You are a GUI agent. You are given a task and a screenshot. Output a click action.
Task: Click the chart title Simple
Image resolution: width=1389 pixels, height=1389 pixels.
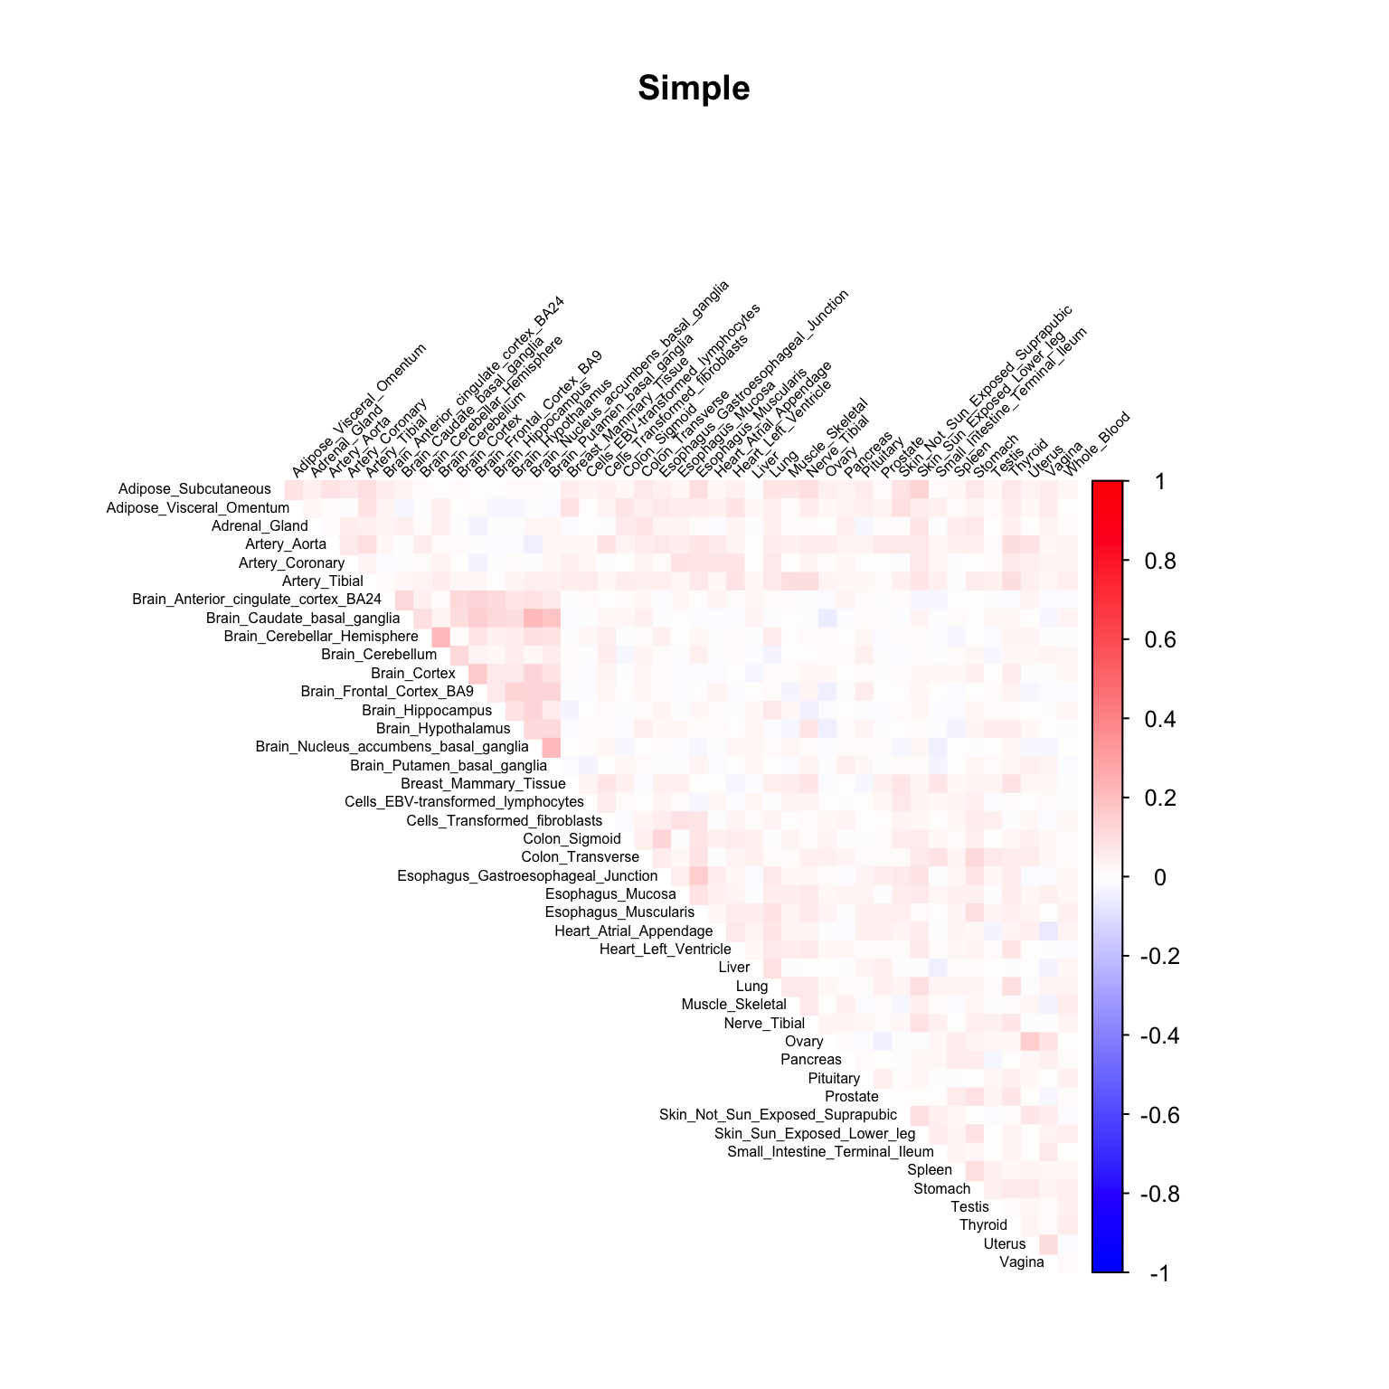pos(694,89)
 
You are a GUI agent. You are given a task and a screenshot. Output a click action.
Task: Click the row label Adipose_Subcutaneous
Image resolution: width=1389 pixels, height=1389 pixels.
pos(194,489)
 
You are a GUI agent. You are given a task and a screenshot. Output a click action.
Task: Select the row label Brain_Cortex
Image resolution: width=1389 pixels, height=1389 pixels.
pos(413,674)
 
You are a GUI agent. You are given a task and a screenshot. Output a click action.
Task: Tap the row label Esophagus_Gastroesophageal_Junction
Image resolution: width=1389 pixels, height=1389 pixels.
pos(527,876)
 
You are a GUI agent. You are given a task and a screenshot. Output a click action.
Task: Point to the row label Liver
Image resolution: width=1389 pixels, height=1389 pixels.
pos(733,968)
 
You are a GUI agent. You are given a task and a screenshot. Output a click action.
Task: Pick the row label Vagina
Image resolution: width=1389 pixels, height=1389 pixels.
pos(1022,1262)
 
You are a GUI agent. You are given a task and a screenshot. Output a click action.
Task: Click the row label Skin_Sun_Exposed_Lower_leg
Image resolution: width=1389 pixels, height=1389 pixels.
pos(815,1134)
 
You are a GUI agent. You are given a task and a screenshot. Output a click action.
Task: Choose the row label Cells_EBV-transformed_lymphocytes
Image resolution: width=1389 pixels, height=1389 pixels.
pos(464,802)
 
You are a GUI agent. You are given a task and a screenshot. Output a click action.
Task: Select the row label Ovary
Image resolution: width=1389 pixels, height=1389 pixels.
pos(804,1042)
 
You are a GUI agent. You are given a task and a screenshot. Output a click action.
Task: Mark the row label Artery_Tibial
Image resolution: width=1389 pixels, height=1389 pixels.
pos(323,581)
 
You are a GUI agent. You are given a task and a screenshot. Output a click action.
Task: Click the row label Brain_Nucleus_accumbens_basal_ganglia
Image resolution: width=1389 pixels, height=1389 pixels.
pos(392,747)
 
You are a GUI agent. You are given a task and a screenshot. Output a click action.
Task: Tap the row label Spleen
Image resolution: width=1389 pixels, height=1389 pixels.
pos(930,1170)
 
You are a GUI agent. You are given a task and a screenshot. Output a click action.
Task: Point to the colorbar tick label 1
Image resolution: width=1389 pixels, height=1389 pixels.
pos(1160,482)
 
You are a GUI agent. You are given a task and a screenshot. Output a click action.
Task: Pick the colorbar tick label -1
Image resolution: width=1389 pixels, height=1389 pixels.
pos(1159,1273)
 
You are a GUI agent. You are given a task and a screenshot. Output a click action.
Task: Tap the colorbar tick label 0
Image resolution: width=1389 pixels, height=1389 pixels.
pos(1160,877)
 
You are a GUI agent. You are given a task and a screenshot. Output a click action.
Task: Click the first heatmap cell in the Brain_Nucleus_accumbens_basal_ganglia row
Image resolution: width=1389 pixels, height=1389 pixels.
pos(551,747)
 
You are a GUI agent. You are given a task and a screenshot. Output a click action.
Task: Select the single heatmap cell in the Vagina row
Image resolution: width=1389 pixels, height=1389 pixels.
pos(1067,1262)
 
